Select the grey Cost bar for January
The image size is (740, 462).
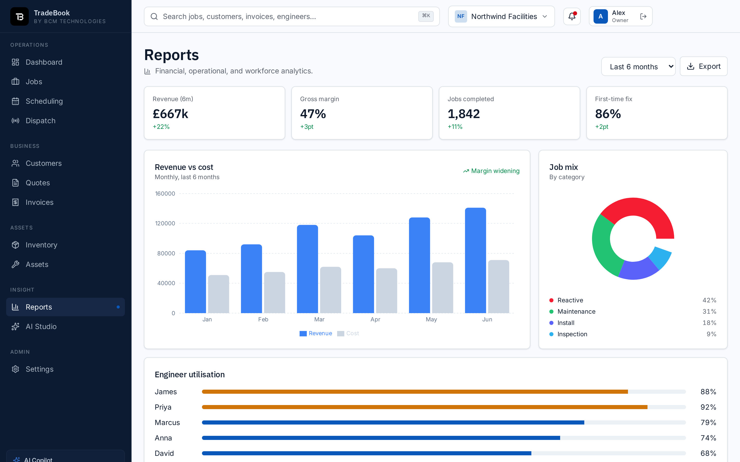(218, 294)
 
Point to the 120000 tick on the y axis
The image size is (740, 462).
(165, 223)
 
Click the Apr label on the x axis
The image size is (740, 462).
(375, 319)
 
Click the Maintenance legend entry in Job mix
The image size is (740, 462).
(576, 311)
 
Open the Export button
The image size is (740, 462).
(704, 66)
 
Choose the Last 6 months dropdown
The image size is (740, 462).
(638, 67)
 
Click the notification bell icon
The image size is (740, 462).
(572, 16)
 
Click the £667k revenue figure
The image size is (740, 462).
(170, 114)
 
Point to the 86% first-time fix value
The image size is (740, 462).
(608, 114)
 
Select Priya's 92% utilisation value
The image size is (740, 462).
(708, 407)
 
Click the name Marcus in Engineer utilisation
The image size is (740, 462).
(167, 422)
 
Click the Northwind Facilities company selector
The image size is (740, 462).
(502, 16)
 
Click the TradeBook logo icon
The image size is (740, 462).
(20, 16)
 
